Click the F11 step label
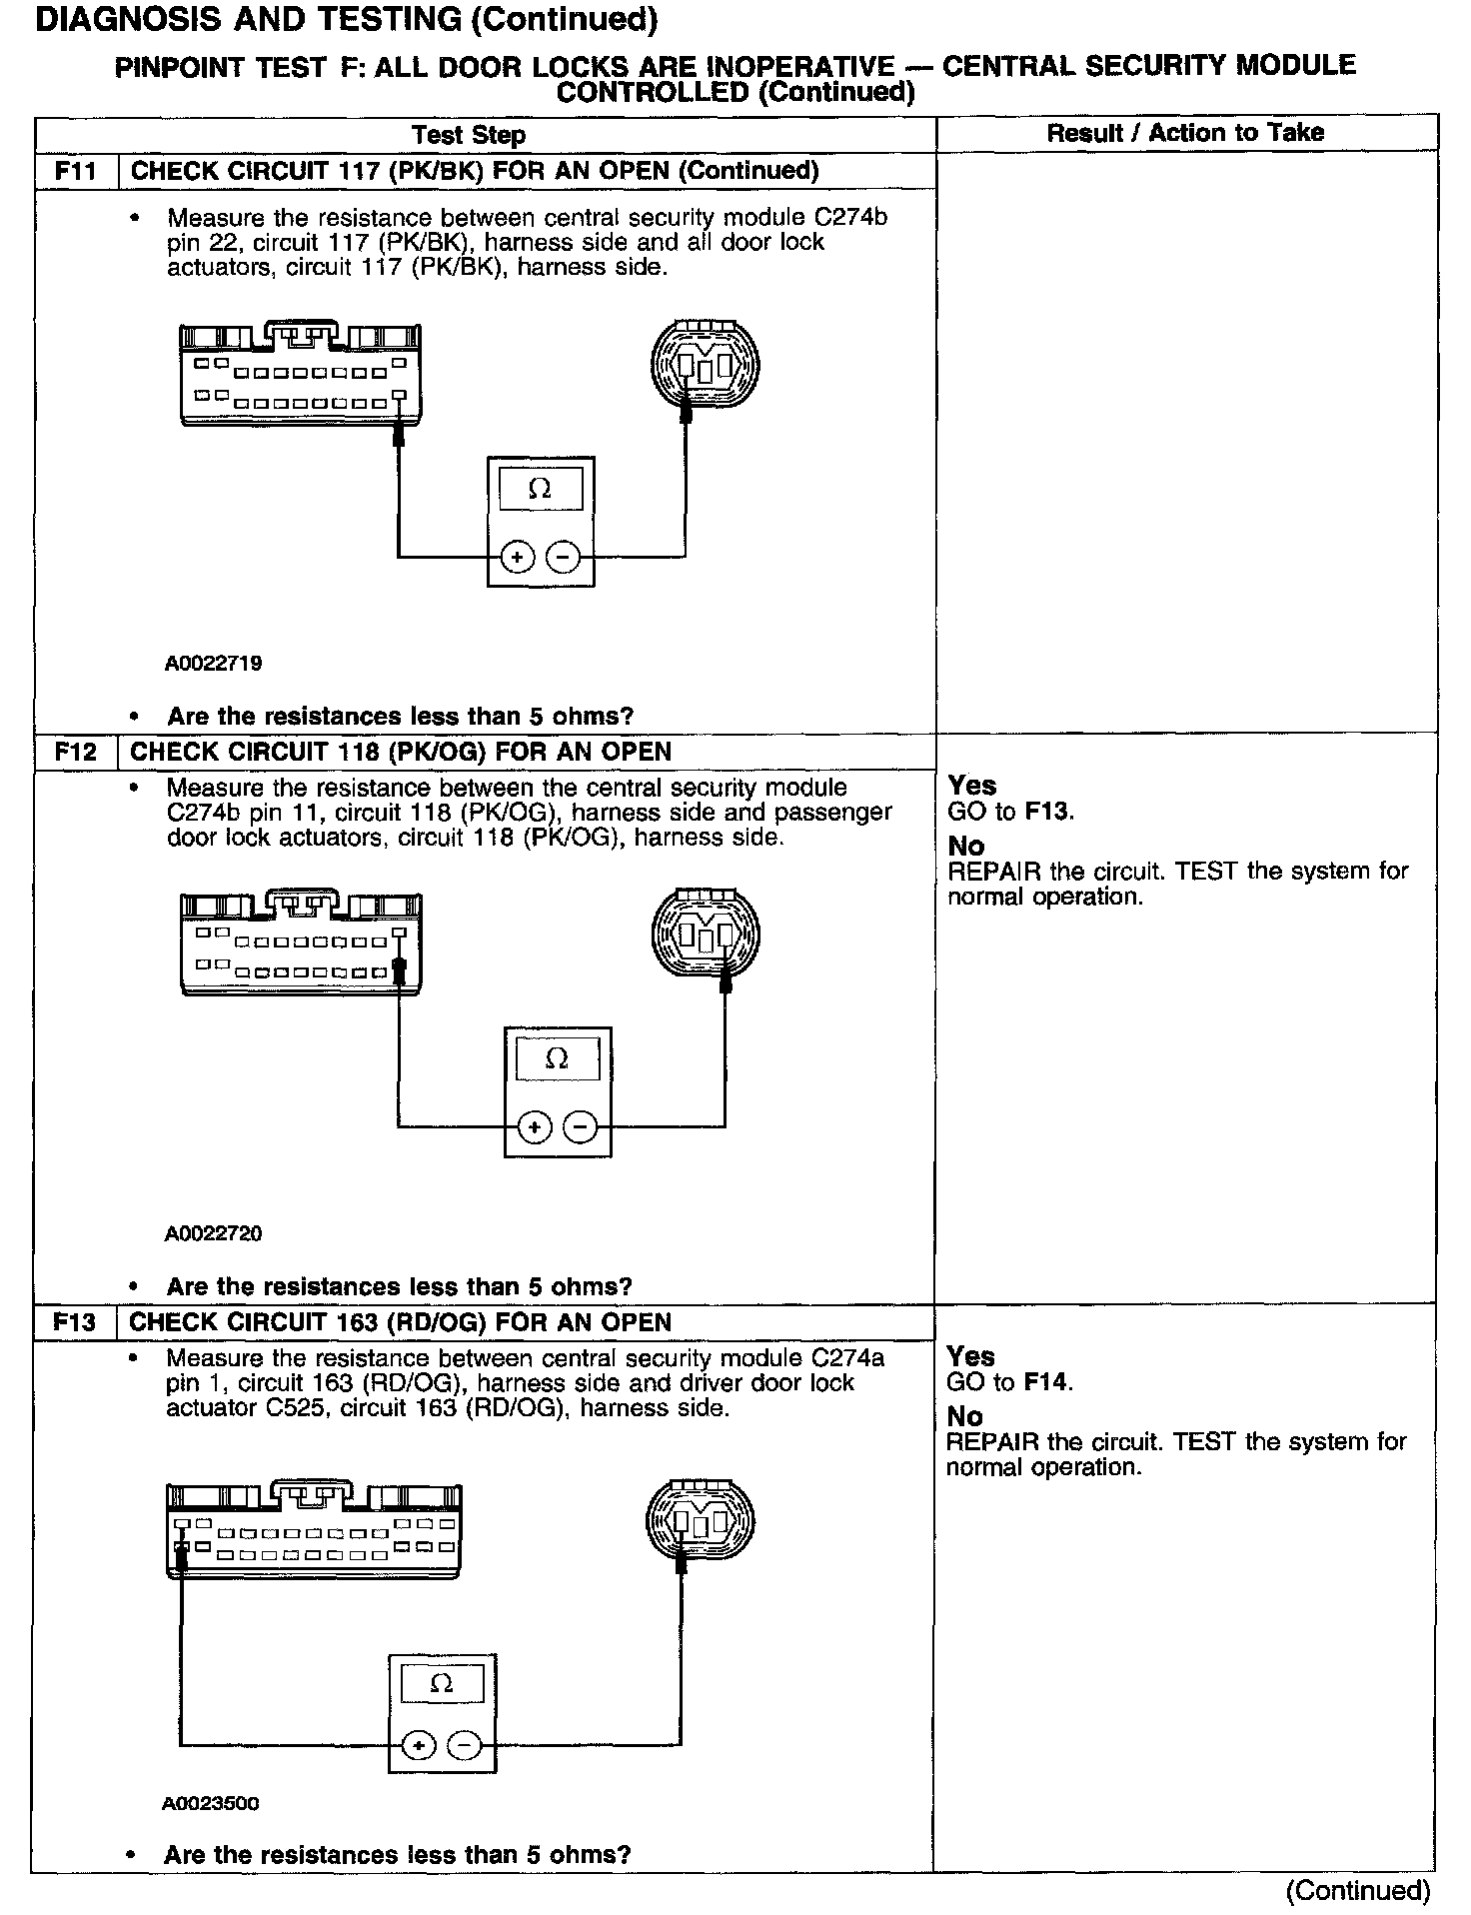coord(76,171)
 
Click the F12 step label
coord(76,752)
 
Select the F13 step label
coord(75,1322)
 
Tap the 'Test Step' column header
coord(469,135)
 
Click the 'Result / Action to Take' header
coord(1185,133)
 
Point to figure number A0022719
coord(214,664)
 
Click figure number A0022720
coord(214,1233)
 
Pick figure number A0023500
coord(211,1803)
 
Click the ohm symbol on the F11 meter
coord(540,489)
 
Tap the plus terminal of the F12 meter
coord(535,1127)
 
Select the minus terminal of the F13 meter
coord(464,1745)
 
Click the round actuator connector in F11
coord(705,364)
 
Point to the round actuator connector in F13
coord(701,1521)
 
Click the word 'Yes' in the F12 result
coord(972,786)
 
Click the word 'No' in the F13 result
coord(964,1416)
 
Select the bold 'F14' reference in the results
coord(1047,1382)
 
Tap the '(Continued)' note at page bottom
coord(1358,1890)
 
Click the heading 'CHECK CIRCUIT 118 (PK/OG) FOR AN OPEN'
coord(401,752)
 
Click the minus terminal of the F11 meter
coord(564,557)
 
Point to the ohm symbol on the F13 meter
coord(441,1684)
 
